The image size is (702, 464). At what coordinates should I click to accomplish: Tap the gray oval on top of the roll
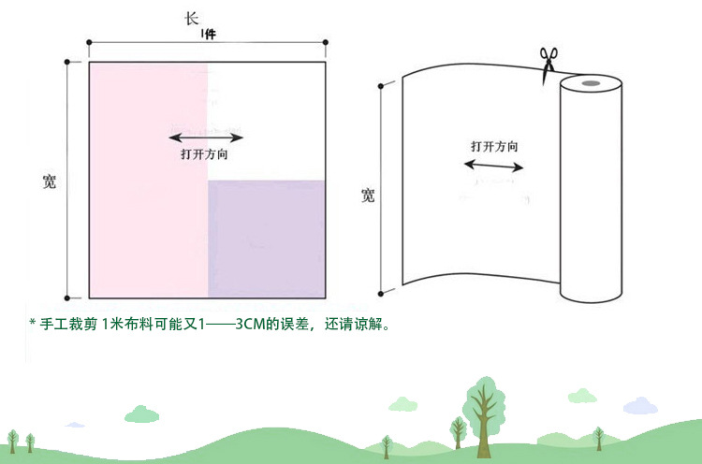[591, 85]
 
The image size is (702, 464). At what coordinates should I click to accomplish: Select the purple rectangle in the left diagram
[266, 238]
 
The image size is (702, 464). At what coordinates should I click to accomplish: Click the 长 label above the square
[192, 18]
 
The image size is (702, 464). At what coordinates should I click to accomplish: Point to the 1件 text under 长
[209, 35]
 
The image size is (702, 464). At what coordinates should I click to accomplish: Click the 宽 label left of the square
[50, 181]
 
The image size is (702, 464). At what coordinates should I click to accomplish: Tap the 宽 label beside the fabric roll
[368, 196]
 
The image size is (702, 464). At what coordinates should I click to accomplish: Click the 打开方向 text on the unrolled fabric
[494, 147]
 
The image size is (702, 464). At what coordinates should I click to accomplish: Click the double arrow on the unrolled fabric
[494, 166]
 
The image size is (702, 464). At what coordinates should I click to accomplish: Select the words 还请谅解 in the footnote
[356, 325]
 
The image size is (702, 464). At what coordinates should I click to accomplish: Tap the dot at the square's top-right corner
[325, 42]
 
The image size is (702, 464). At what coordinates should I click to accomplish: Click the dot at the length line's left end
[89, 42]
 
